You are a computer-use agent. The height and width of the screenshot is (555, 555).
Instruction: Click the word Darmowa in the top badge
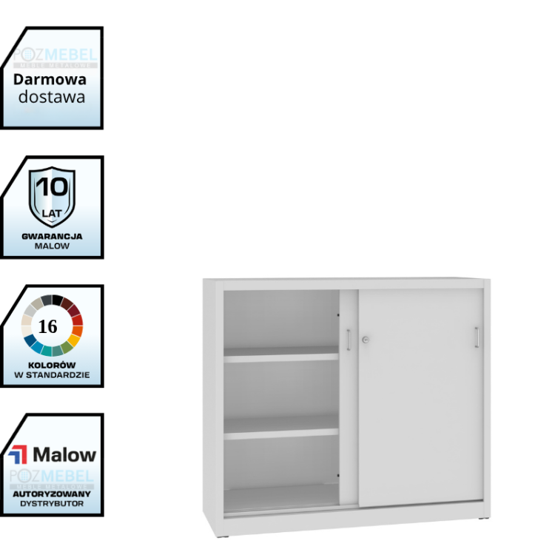[50, 80]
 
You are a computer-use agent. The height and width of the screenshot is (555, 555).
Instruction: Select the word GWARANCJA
[52, 236]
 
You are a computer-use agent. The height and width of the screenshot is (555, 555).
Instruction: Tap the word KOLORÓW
[52, 365]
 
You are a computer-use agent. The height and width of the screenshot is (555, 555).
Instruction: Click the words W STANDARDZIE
[52, 375]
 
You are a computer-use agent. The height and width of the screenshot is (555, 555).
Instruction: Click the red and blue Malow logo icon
[18, 454]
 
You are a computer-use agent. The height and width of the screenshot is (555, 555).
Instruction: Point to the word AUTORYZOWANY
[52, 493]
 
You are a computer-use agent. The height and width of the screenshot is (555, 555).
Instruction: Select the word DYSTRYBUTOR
[52, 503]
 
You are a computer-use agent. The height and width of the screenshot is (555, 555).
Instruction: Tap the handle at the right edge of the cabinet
[477, 337]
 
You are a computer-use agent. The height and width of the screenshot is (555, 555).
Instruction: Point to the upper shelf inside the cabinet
[281, 357]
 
